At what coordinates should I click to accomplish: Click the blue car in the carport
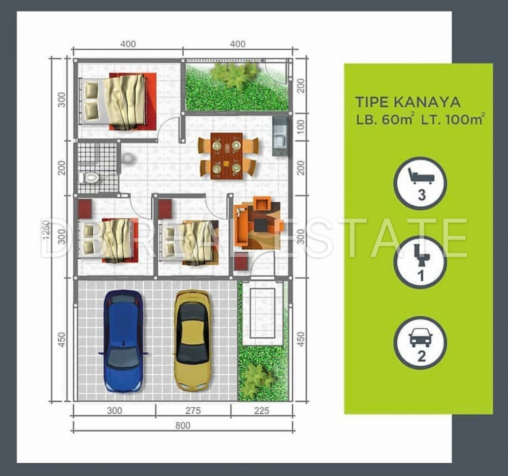123,341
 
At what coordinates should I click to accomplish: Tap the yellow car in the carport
192,339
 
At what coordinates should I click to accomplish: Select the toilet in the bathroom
89,177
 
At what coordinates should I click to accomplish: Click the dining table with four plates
226,156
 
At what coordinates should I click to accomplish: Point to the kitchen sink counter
280,136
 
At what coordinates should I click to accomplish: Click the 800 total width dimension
183,425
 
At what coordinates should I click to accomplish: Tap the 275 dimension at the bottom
193,411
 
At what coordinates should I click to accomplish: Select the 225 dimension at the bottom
262,411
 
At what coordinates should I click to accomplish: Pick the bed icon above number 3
420,176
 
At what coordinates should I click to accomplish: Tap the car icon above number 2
420,338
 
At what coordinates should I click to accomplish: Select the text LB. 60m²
385,119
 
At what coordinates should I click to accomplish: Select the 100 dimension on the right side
301,126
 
